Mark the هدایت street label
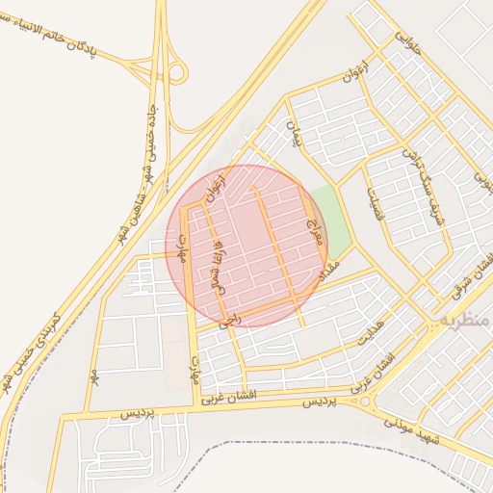coord(372,333)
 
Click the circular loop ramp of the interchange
coord(177,72)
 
